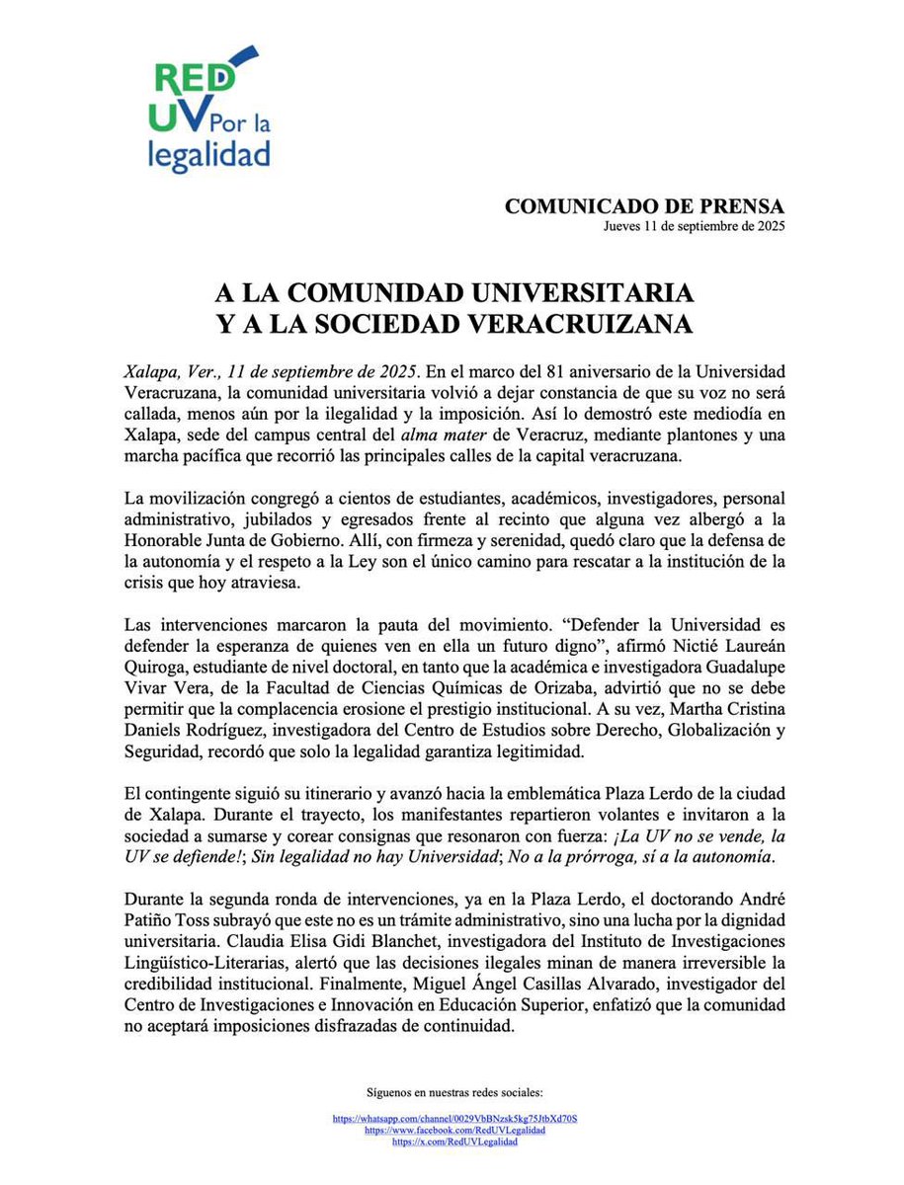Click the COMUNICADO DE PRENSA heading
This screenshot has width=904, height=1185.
644,206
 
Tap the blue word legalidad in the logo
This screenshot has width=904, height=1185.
208,152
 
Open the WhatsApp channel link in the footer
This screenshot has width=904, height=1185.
454,1120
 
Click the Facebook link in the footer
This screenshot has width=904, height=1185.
454,1130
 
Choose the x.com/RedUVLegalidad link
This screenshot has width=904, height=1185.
454,1141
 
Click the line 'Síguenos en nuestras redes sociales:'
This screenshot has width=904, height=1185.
454,1094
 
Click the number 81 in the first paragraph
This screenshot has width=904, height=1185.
558,371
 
